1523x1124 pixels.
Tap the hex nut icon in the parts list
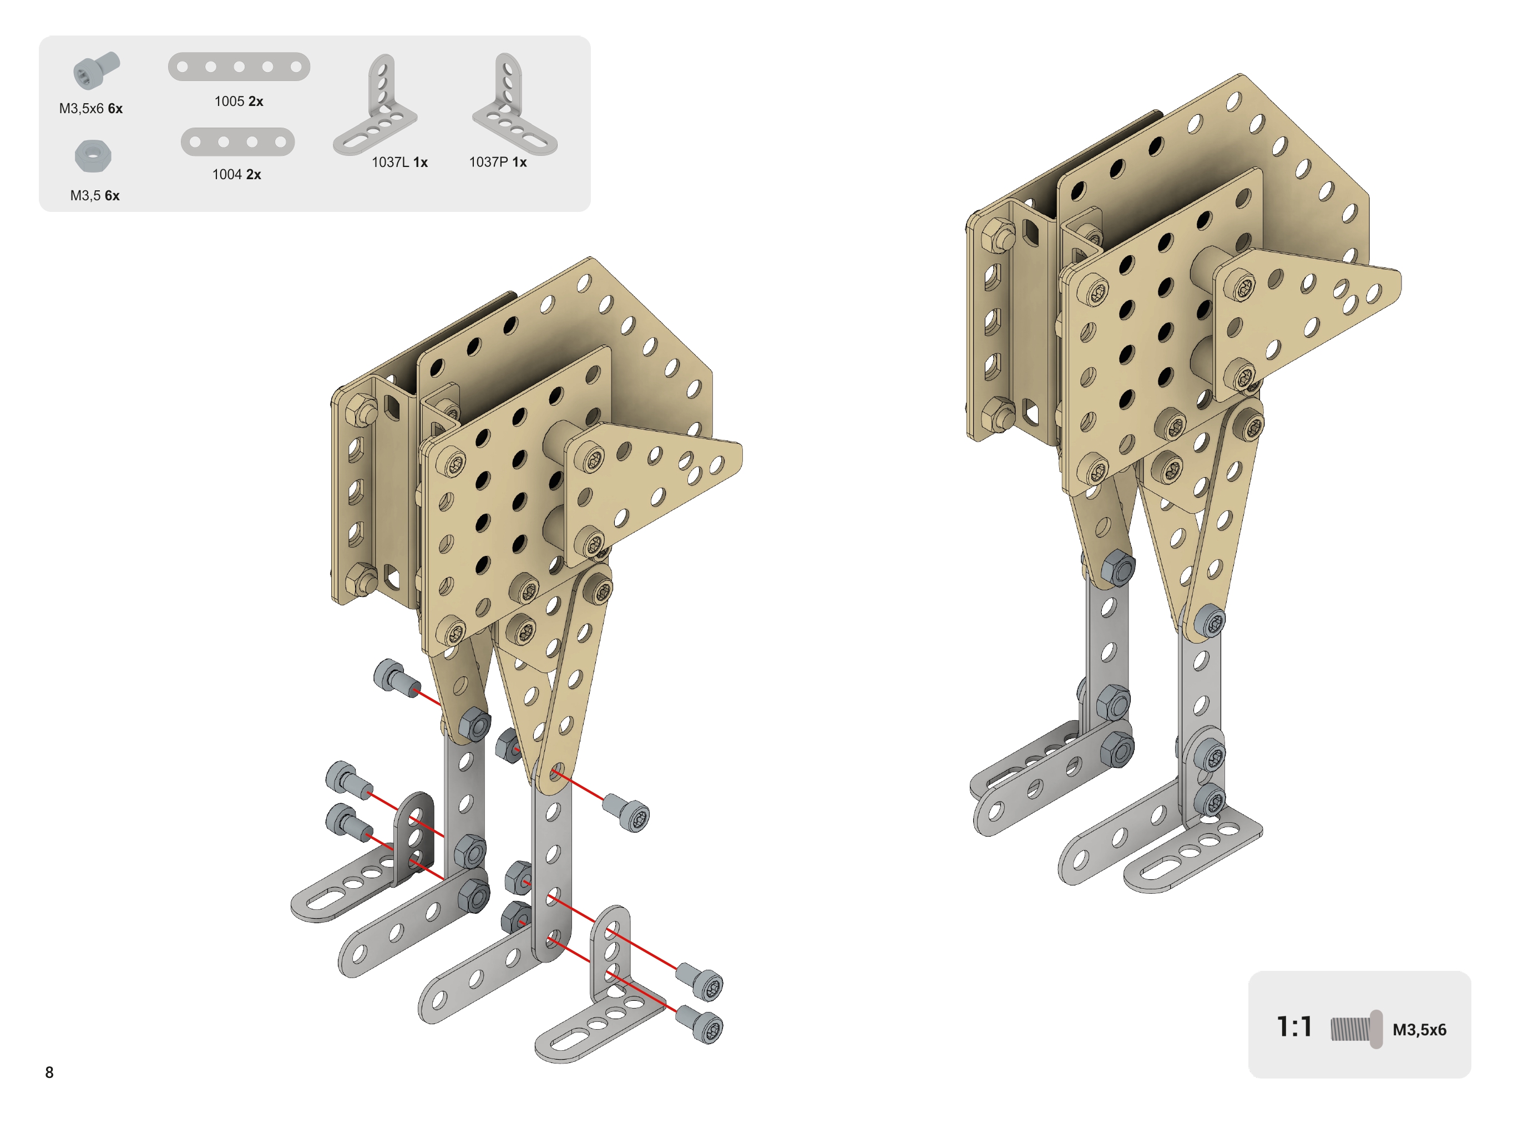click(x=93, y=156)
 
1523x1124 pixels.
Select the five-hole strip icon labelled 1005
click(x=239, y=67)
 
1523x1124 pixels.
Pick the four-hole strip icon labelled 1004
click(x=237, y=141)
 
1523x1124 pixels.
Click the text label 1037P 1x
click(x=498, y=162)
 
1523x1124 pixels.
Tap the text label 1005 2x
click(x=239, y=102)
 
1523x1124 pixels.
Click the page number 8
click(x=49, y=1072)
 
